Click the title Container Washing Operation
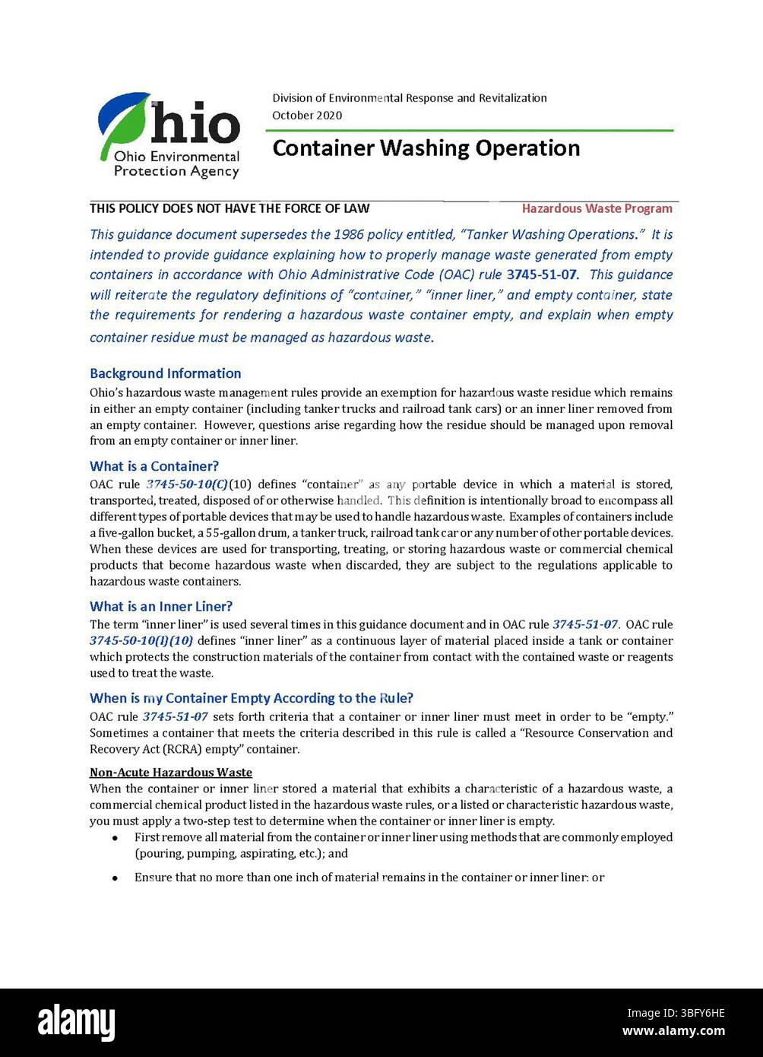pyautogui.click(x=426, y=148)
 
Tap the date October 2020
pyautogui.click(x=307, y=116)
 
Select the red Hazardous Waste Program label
pyautogui.click(x=597, y=208)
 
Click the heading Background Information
pyautogui.click(x=165, y=373)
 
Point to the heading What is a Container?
pyautogui.click(x=154, y=466)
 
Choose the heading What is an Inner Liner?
pyautogui.click(x=160, y=606)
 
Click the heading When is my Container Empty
pyautogui.click(x=251, y=698)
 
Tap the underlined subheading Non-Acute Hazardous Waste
pyautogui.click(x=171, y=773)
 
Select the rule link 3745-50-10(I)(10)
pyautogui.click(x=141, y=641)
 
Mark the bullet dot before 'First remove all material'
pyautogui.click(x=115, y=838)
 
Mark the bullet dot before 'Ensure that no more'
pyautogui.click(x=115, y=878)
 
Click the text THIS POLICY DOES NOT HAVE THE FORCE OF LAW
pyautogui.click(x=230, y=208)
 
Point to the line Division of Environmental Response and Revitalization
pyautogui.click(x=409, y=98)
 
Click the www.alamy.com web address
pyautogui.click(x=673, y=1032)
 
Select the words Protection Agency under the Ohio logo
pyautogui.click(x=176, y=171)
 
